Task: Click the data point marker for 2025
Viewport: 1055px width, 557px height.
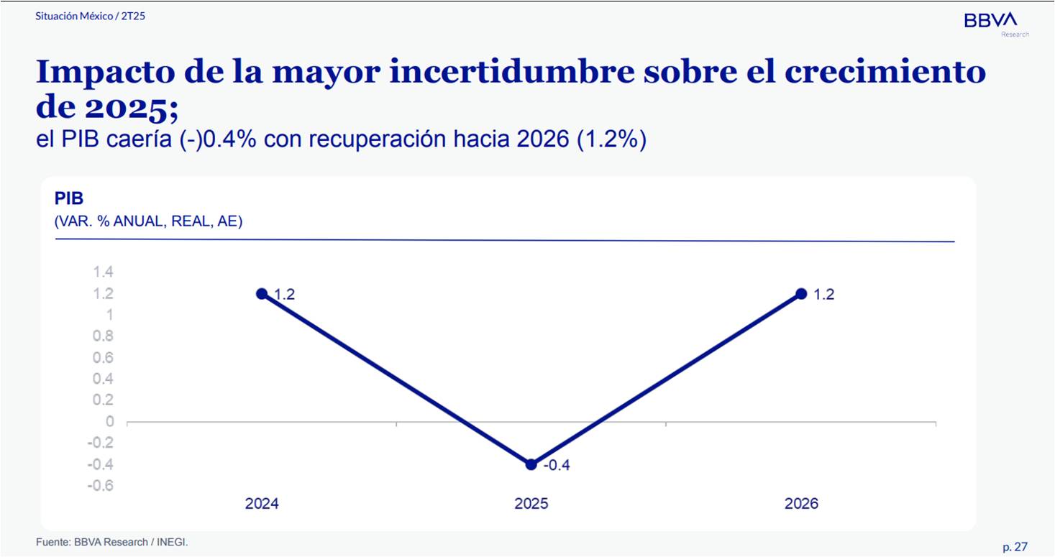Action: click(x=531, y=464)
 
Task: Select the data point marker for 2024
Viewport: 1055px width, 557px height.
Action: click(x=262, y=293)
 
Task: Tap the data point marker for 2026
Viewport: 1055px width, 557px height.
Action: click(x=801, y=293)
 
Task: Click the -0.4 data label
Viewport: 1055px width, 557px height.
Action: click(x=556, y=466)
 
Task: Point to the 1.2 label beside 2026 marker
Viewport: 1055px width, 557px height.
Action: click(x=823, y=295)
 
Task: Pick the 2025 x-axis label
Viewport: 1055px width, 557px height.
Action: click(x=531, y=504)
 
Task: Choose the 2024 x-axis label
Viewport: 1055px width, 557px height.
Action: click(x=262, y=504)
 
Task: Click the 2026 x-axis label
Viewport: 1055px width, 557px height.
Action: click(x=801, y=504)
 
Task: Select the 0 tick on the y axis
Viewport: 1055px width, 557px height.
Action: click(x=109, y=421)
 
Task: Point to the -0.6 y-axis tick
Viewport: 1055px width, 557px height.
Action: click(x=100, y=485)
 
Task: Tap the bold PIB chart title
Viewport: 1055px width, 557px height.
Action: click(x=69, y=199)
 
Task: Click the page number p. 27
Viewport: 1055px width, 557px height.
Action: click(x=1015, y=547)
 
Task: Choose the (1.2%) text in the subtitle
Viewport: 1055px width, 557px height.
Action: click(x=611, y=139)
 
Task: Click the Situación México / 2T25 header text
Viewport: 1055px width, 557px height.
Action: click(x=91, y=15)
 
